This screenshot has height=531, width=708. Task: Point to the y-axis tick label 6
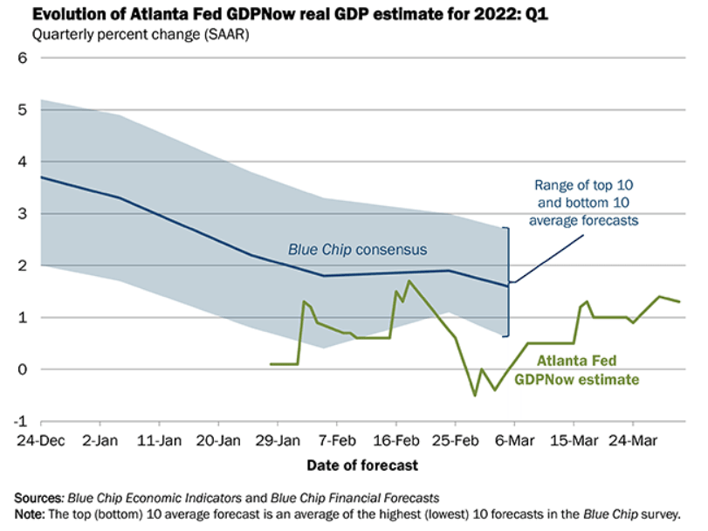tap(24, 59)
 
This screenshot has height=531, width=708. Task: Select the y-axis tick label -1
tap(22, 421)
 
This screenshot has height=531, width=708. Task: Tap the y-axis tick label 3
tap(24, 214)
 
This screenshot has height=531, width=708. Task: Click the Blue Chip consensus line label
tap(357, 250)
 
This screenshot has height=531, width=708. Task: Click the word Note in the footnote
tap(29, 513)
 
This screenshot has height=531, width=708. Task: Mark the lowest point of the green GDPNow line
tap(476, 396)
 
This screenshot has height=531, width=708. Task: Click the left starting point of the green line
tap(271, 363)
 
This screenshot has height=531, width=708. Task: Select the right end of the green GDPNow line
tap(679, 301)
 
